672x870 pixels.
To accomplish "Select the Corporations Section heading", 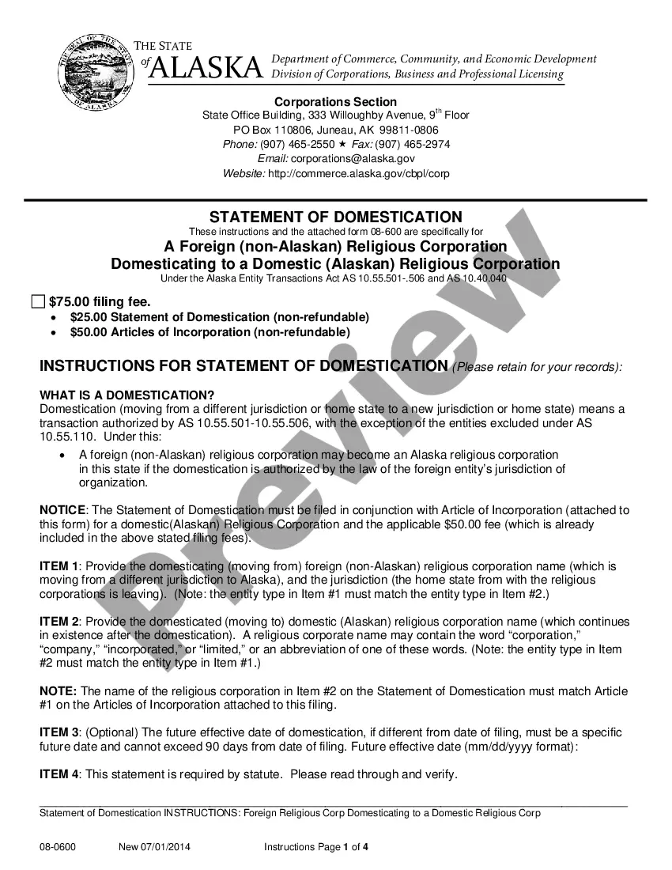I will click(x=335, y=101).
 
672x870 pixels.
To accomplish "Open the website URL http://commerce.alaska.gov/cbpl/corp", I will click(x=359, y=173).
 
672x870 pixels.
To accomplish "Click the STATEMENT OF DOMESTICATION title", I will click(x=335, y=217).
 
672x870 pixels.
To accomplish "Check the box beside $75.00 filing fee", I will click(x=38, y=301).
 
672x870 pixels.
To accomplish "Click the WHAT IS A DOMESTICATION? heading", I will click(x=126, y=395).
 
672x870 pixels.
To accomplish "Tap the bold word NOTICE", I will click(x=64, y=510).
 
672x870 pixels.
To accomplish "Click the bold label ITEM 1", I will click(x=59, y=566).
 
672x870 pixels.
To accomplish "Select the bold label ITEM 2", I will click(x=59, y=622).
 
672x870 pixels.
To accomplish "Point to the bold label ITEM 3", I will click(x=59, y=732).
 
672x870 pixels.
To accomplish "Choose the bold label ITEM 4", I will click(x=59, y=774).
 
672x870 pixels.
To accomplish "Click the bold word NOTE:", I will click(x=59, y=691).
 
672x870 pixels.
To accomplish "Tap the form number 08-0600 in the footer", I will click(x=58, y=847).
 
